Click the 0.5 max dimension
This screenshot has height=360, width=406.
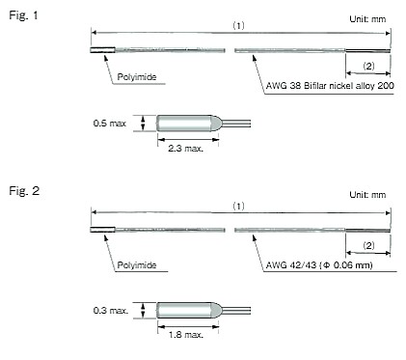click(x=109, y=124)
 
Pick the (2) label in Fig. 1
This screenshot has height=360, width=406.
click(x=369, y=66)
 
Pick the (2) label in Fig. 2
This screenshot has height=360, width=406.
click(x=369, y=245)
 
